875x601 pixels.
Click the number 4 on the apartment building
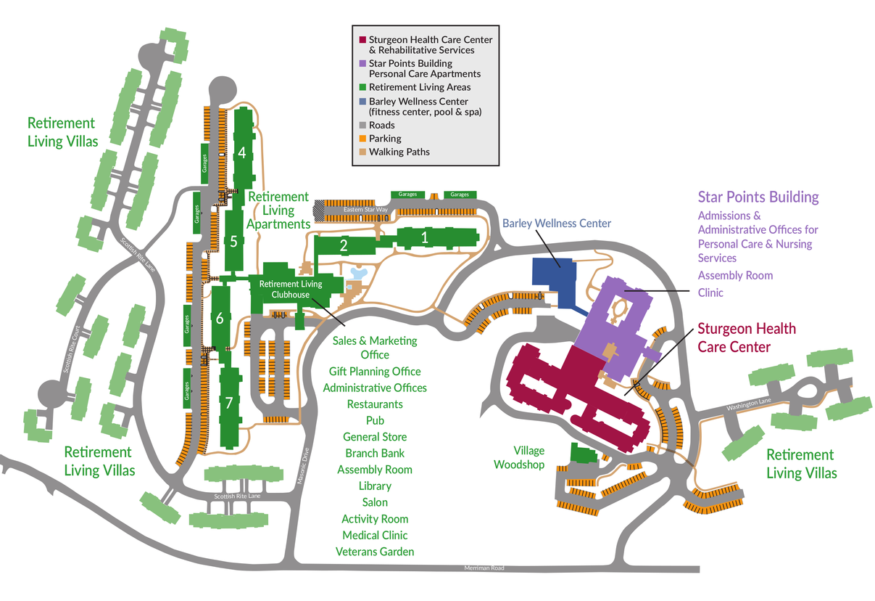click(x=242, y=152)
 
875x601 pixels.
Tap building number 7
click(x=229, y=402)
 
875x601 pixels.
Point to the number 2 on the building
click(x=344, y=245)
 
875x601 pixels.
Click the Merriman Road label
click(x=484, y=568)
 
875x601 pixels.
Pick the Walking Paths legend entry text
click(x=399, y=152)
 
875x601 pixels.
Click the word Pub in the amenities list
click(x=375, y=420)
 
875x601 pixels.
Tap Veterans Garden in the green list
click(x=375, y=552)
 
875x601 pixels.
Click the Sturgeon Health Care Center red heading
click(x=746, y=338)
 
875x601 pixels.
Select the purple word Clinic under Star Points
click(x=710, y=293)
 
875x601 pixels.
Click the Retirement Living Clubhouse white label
click(x=291, y=289)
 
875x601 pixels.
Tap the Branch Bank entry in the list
click(x=375, y=453)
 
